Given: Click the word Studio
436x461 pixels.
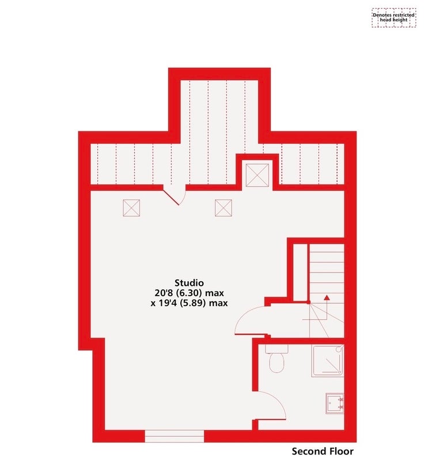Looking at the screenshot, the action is click(189, 283).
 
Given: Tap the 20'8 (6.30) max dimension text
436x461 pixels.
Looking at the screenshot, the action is click(189, 293).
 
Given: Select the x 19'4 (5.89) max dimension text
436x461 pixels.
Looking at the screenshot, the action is click(189, 303).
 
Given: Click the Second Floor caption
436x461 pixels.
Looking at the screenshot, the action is click(323, 451).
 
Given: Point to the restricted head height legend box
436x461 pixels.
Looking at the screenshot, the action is click(394, 18).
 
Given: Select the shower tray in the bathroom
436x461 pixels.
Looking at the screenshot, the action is click(328, 361).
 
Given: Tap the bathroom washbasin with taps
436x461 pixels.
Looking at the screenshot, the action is click(335, 404).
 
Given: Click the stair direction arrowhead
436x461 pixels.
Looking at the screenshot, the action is click(327, 297).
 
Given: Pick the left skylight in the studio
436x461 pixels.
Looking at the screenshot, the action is click(131, 208).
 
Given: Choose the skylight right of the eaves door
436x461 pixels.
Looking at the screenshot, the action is click(223, 208).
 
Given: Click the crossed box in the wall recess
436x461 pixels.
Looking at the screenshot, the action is click(257, 175).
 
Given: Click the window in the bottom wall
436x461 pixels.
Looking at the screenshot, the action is click(174, 436).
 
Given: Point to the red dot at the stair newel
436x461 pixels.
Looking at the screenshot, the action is click(309, 302).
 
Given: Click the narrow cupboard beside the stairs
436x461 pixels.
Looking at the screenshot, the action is click(300, 272).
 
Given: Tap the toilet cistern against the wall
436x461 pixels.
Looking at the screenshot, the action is click(277, 349).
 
